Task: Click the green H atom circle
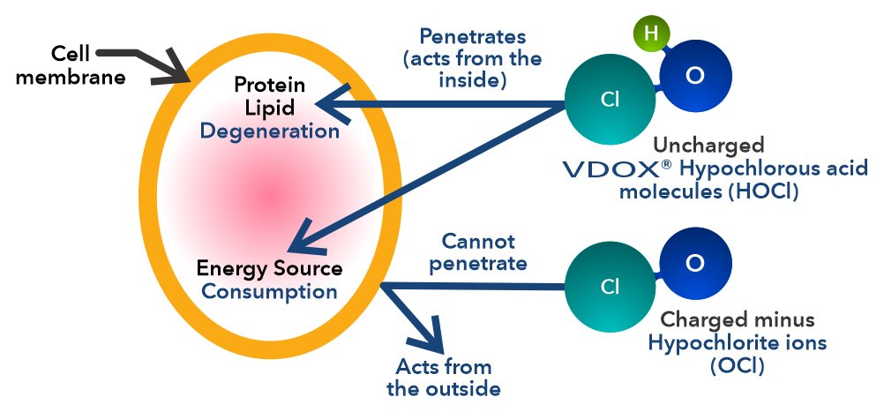coord(651,33)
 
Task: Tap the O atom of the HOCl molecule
coord(695,76)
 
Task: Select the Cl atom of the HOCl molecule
coord(610,100)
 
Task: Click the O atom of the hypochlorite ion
coord(695,263)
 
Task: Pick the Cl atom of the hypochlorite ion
coord(610,287)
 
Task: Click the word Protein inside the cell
coord(269,85)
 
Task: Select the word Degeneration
coord(270,131)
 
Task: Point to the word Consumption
coord(270,291)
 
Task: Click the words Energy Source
coord(269,268)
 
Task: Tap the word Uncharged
coord(708,146)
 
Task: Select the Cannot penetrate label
coord(478,252)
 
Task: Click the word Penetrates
coord(473,37)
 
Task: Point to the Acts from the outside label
coord(444,378)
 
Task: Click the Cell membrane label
coord(71,65)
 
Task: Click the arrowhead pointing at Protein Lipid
coord(333,104)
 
